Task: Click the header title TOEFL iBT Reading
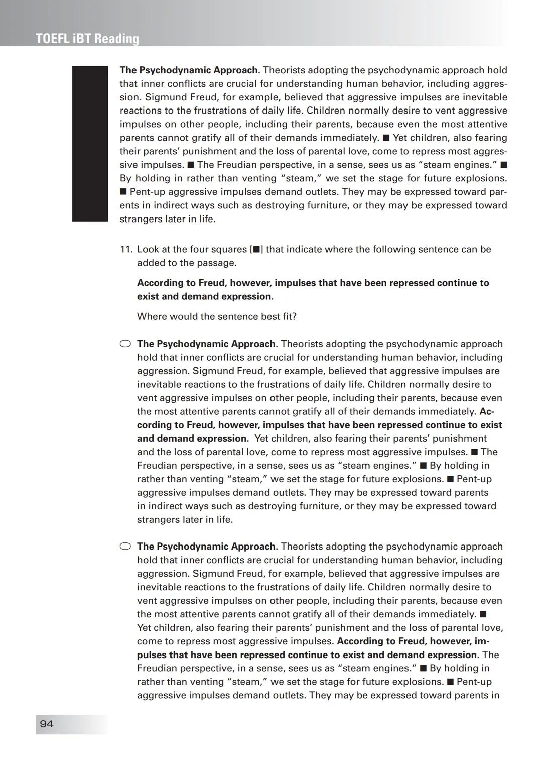(x=87, y=39)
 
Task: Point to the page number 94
(x=47, y=724)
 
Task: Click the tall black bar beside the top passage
(x=90, y=143)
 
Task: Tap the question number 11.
(x=126, y=249)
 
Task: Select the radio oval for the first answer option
(x=125, y=344)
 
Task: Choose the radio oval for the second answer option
(x=125, y=546)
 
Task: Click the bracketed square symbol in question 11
(x=256, y=249)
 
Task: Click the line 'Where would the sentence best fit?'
(x=217, y=316)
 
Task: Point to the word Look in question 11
(x=149, y=249)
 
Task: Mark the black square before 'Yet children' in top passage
(x=386, y=138)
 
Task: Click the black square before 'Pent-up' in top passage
(x=123, y=192)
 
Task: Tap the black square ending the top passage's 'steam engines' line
(x=504, y=165)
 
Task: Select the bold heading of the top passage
(x=190, y=70)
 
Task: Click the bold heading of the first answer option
(x=207, y=344)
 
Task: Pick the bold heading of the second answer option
(x=207, y=546)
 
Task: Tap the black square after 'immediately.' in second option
(x=483, y=614)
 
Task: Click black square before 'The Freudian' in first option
(x=474, y=452)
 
